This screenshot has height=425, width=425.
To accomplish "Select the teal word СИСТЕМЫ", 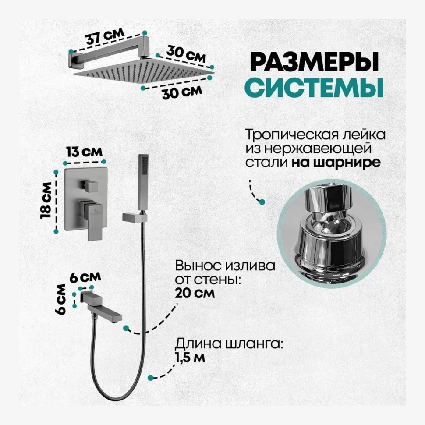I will [313, 87].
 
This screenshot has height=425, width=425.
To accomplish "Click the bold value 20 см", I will [195, 293].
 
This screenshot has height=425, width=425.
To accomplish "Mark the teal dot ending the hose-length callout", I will [150, 378].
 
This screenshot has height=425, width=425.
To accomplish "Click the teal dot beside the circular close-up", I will [262, 202].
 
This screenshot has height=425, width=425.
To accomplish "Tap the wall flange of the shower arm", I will [73, 58].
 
